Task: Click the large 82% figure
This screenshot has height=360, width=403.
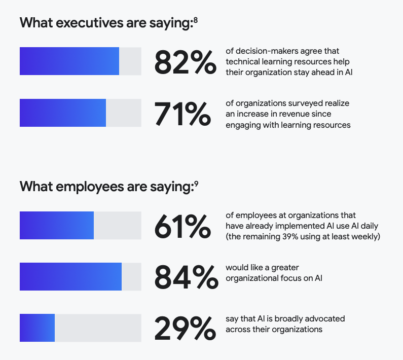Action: point(185,62)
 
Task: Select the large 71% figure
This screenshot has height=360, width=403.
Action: point(182,114)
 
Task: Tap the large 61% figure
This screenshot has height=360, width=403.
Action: point(182,226)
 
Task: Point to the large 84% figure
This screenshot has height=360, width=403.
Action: point(185,277)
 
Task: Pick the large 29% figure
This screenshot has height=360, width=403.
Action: point(185,329)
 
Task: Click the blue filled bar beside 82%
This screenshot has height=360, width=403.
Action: point(69,61)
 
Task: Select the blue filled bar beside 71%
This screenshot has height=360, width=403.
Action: point(63,113)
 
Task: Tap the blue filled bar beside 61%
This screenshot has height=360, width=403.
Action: point(57,226)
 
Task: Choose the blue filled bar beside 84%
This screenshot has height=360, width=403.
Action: point(70,277)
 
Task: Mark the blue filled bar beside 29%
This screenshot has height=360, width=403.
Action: point(37,328)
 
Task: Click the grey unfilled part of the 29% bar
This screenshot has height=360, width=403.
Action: point(97,328)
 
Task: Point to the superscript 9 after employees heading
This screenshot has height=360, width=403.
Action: point(196,184)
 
